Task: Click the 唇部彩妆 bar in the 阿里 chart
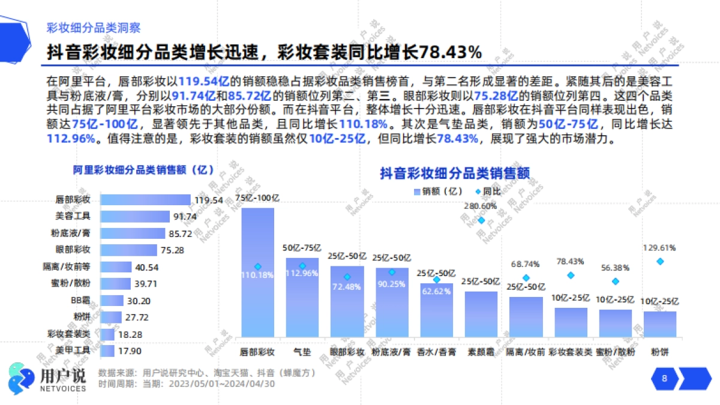pyautogui.click(x=145, y=200)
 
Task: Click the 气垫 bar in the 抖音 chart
pyautogui.click(x=302, y=297)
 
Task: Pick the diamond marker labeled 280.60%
pyautogui.click(x=481, y=220)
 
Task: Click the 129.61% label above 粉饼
pyautogui.click(x=660, y=247)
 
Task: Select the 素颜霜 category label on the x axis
pyautogui.click(x=481, y=352)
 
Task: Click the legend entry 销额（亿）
pyautogui.click(x=437, y=191)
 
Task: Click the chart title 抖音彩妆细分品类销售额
pyautogui.click(x=454, y=173)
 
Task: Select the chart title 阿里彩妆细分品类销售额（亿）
pyautogui.click(x=143, y=170)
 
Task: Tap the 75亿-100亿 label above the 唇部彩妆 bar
pyautogui.click(x=257, y=197)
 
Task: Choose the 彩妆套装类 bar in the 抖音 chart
pyautogui.click(x=571, y=322)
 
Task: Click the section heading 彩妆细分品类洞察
pyautogui.click(x=94, y=28)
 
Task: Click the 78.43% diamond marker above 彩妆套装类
pyautogui.click(x=571, y=275)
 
